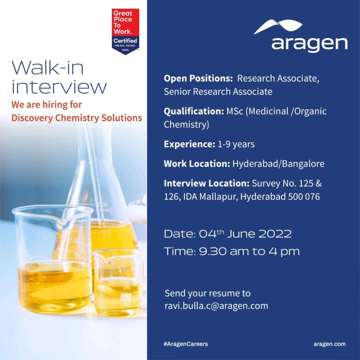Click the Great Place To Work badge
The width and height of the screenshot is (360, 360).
coord(126,31)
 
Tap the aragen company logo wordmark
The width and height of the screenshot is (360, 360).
coord(309,43)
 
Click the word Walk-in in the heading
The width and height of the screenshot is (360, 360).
coord(47,68)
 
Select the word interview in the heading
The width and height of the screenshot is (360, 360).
coord(59,87)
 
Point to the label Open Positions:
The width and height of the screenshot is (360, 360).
coord(198,78)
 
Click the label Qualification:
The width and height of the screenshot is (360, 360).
coord(194,111)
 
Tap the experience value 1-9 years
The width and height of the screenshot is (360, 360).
coord(236,144)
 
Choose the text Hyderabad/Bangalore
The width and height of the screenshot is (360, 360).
coord(278,164)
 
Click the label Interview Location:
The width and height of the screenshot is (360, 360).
coord(206,183)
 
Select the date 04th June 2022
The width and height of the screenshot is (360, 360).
coord(245,234)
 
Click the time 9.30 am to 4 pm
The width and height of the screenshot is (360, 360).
coord(249,251)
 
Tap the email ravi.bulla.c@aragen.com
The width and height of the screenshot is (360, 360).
coord(216,306)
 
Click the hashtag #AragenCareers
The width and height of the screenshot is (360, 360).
coord(186,344)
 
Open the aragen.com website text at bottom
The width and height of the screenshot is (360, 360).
coord(329,344)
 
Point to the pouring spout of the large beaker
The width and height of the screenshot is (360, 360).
coord(61,223)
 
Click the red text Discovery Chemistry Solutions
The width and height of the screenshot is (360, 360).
coord(77,118)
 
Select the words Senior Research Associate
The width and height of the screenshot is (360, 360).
coord(218,92)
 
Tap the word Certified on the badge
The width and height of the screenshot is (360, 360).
coord(125,41)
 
